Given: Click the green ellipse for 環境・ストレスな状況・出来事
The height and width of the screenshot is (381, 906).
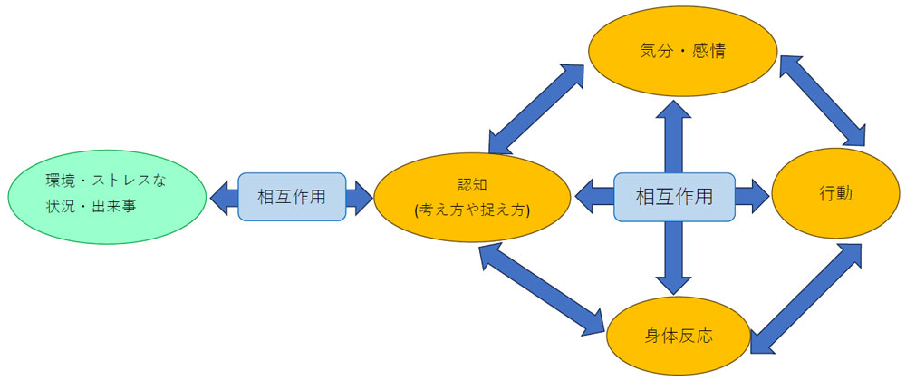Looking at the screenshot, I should pyautogui.click(x=105, y=196).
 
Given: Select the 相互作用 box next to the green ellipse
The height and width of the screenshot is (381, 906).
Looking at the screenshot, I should pyautogui.click(x=292, y=196).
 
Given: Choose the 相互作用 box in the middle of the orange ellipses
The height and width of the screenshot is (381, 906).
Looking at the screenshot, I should pyautogui.click(x=673, y=196).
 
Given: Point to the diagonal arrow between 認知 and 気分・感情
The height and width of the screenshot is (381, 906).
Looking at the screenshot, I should pyautogui.click(x=538, y=108).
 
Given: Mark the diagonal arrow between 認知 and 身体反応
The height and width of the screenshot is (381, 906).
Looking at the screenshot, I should pyautogui.click(x=542, y=290).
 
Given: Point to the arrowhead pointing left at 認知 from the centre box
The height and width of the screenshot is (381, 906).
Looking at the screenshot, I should pyautogui.click(x=588, y=196).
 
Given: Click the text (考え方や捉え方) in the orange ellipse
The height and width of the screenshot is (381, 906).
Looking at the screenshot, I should pyautogui.click(x=471, y=210).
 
